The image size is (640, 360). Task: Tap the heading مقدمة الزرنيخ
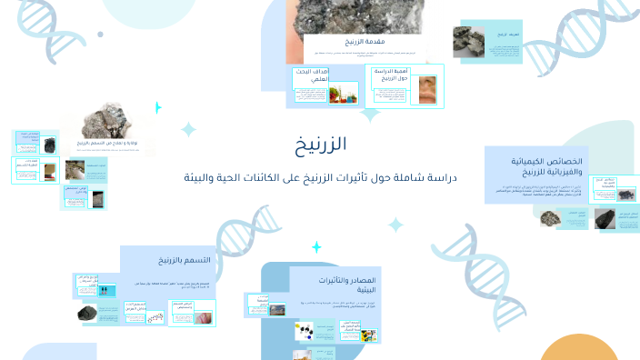click(342, 43)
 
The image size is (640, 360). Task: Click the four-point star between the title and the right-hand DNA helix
click(395, 224)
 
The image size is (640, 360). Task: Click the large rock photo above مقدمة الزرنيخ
click(341, 16)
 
